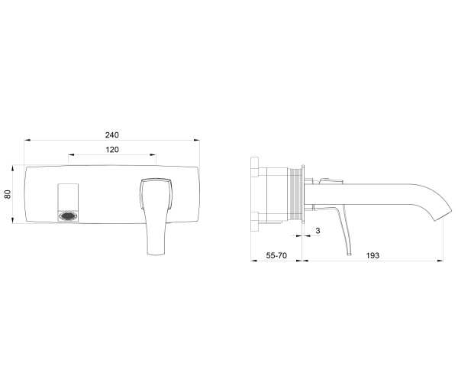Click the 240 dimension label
coord(112,135)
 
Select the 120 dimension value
coord(112,150)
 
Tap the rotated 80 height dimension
coord(8,194)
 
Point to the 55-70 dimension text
coord(276,255)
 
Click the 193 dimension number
coord(373,255)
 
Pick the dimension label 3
coord(318,231)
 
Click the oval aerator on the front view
coord(69,216)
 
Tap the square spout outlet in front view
coord(68,203)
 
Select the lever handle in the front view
coord(156,216)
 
